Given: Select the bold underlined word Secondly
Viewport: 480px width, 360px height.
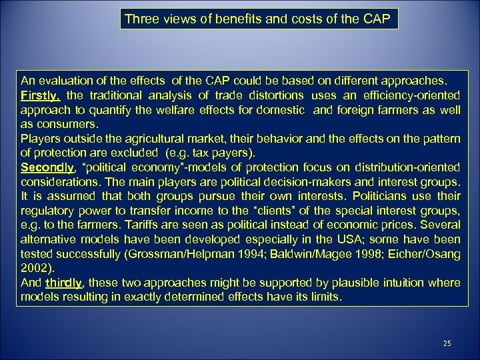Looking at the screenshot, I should click(x=46, y=167).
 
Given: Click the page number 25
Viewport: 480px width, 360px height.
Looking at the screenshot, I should click(x=447, y=343).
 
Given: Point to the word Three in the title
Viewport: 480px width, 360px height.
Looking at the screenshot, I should click(x=141, y=19).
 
